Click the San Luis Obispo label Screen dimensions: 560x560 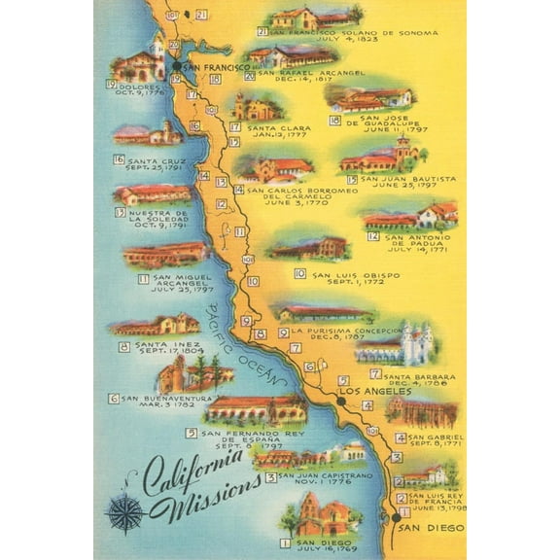(355, 275)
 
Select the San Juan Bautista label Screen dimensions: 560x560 (407, 179)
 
